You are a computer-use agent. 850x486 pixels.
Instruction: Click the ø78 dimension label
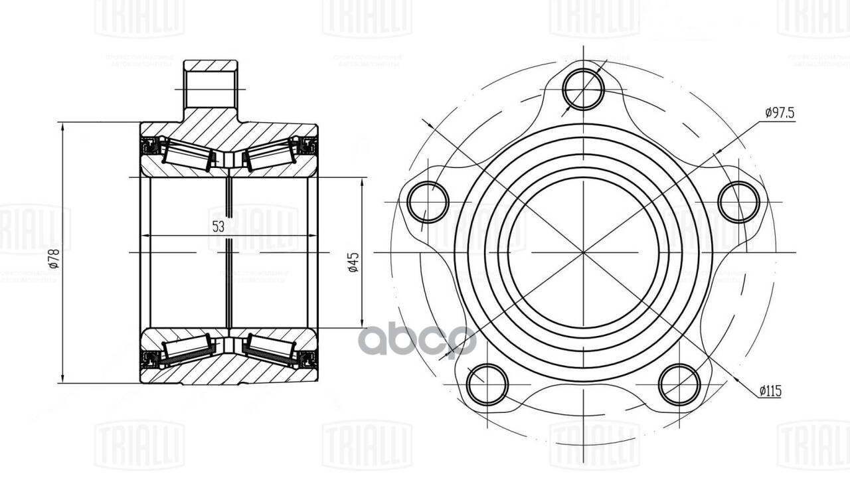click(55, 258)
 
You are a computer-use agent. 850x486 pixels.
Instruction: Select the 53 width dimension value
click(218, 226)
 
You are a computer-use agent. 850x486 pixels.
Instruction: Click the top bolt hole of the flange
click(584, 88)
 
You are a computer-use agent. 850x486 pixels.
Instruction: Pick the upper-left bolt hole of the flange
click(428, 202)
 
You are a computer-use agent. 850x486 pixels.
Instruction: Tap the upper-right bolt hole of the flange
click(738, 202)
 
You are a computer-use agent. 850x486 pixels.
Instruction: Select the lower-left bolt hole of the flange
click(487, 384)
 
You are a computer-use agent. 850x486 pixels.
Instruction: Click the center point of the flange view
click(583, 252)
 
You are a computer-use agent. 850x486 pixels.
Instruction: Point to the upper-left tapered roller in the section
click(188, 155)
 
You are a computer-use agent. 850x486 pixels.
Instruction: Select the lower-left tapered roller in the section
click(188, 349)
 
